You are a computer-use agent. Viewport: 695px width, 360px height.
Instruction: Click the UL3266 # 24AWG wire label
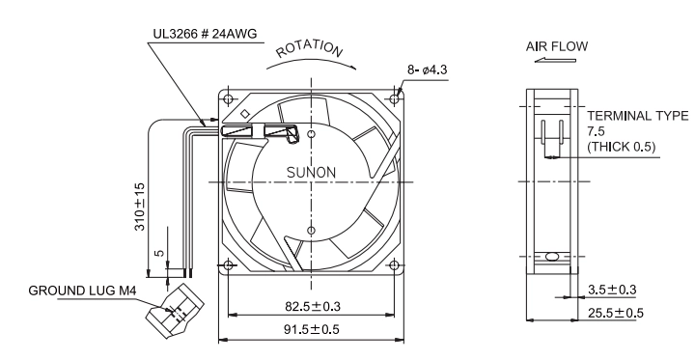coord(205,34)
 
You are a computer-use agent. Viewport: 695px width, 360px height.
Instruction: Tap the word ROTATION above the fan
coord(310,48)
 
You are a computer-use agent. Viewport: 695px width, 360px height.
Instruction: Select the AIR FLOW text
coord(557,46)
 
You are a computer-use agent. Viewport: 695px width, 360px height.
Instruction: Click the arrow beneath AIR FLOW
coord(555,60)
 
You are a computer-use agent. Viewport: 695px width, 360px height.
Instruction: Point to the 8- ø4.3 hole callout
coord(428,69)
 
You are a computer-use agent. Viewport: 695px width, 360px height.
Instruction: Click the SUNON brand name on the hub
coord(311,173)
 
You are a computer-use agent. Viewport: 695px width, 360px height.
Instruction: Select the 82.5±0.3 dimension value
coord(313,306)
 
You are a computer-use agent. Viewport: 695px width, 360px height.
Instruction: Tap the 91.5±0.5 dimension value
coord(311,329)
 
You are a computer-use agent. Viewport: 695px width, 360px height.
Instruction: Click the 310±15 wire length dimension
coord(140,207)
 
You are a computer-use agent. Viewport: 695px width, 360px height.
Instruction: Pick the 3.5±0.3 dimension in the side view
coord(612,290)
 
